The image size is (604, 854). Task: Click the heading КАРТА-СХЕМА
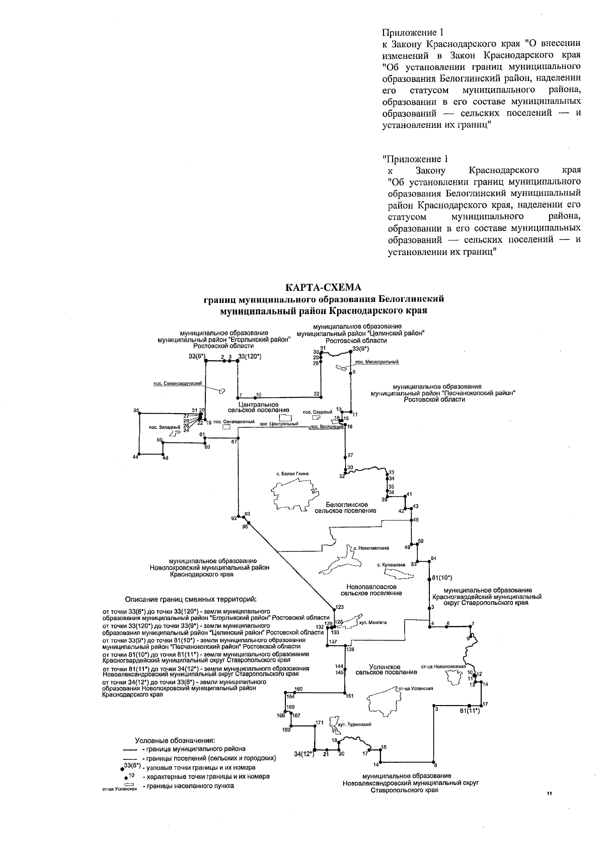323,288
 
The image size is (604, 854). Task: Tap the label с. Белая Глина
292,473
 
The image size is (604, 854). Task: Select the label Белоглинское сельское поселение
346,508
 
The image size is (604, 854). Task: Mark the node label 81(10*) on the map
442,577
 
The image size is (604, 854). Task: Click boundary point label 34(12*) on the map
304,754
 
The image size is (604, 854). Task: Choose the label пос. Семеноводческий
178,383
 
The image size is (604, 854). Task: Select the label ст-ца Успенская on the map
416,688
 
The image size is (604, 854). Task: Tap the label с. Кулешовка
391,565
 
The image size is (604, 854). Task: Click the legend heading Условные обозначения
175,741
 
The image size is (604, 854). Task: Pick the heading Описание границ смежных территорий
191,599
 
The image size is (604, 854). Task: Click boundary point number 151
350,696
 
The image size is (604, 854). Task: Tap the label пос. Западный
158,427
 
